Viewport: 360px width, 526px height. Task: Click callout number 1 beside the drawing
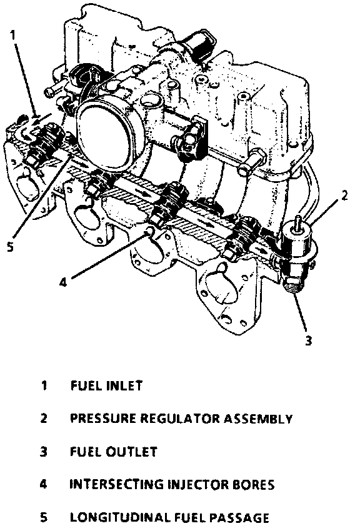12,35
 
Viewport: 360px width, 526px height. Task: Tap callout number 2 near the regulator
344,196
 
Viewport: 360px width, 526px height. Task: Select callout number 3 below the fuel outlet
309,340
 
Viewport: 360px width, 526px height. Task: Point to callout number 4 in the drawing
63,282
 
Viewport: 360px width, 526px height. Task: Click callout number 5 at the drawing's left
11,247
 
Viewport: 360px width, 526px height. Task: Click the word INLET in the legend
124,385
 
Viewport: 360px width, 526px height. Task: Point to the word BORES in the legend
253,485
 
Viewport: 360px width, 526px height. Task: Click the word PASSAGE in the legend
239,518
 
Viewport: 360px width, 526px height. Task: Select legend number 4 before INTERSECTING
43,485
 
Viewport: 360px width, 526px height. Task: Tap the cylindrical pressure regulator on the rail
297,242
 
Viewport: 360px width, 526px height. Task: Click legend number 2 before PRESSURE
43,419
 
